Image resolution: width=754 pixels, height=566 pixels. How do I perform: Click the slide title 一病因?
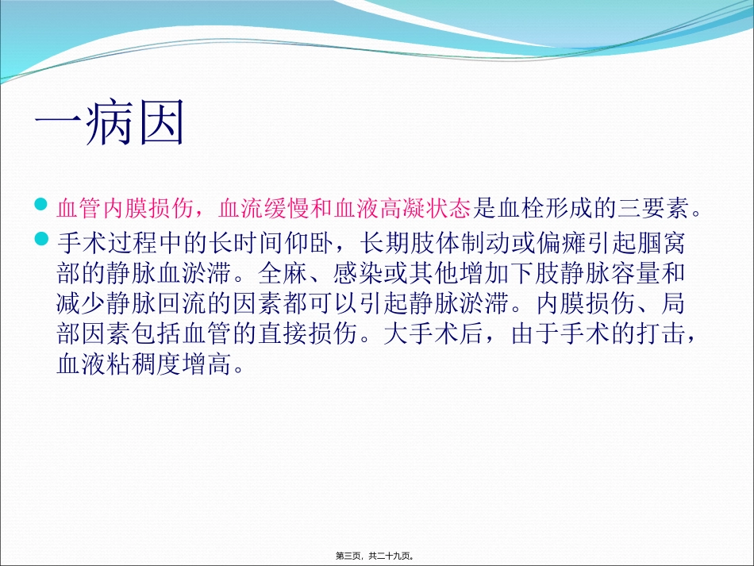tap(110, 124)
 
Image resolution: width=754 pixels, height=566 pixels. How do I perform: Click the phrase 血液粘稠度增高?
tap(140, 366)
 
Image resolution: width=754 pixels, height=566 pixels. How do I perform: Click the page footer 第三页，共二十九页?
tap(377, 556)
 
